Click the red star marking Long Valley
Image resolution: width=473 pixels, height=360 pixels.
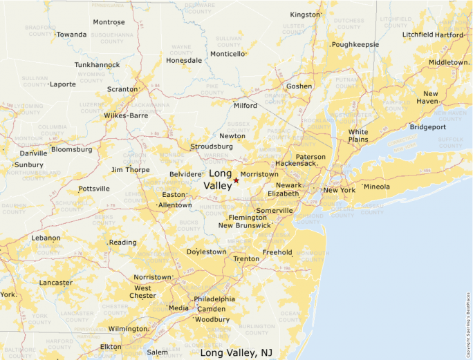pos(236,180)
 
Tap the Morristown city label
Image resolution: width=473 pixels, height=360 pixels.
pos(259,175)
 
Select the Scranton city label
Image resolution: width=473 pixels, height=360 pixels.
pos(122,89)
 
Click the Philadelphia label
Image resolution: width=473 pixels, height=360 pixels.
pos(214,299)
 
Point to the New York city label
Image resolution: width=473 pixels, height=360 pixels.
pos(339,190)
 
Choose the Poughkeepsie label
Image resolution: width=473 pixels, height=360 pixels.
pos(355,44)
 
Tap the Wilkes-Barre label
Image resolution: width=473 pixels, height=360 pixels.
pos(126,115)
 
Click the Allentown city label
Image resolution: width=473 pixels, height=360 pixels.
pos(175,205)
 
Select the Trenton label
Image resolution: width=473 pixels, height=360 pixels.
pos(246,259)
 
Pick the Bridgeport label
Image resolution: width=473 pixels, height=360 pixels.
pos(428,127)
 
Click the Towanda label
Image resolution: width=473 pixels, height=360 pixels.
pos(71,35)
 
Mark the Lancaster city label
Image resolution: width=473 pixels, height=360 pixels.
pos(56,283)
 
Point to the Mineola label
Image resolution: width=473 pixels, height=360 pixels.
pos(377,187)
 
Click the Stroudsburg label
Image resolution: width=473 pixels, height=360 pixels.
pos(212,146)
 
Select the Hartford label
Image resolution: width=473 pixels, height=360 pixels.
pos(449,35)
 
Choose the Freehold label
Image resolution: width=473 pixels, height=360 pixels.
pos(277,252)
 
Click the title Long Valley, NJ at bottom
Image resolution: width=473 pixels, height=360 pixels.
pos(236,353)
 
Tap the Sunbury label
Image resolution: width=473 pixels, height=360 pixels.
pos(30,165)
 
